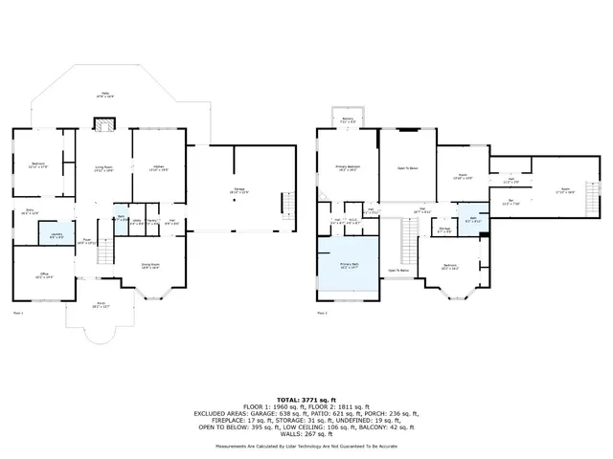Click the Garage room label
(x=235, y=191)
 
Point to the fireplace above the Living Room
(x=103, y=123)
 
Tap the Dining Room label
(x=150, y=266)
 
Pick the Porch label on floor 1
(x=101, y=306)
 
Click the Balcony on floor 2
(x=349, y=120)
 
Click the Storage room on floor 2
(x=444, y=229)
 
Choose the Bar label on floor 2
(x=510, y=201)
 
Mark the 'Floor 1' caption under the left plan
(x=17, y=313)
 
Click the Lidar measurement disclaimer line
(x=306, y=445)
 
